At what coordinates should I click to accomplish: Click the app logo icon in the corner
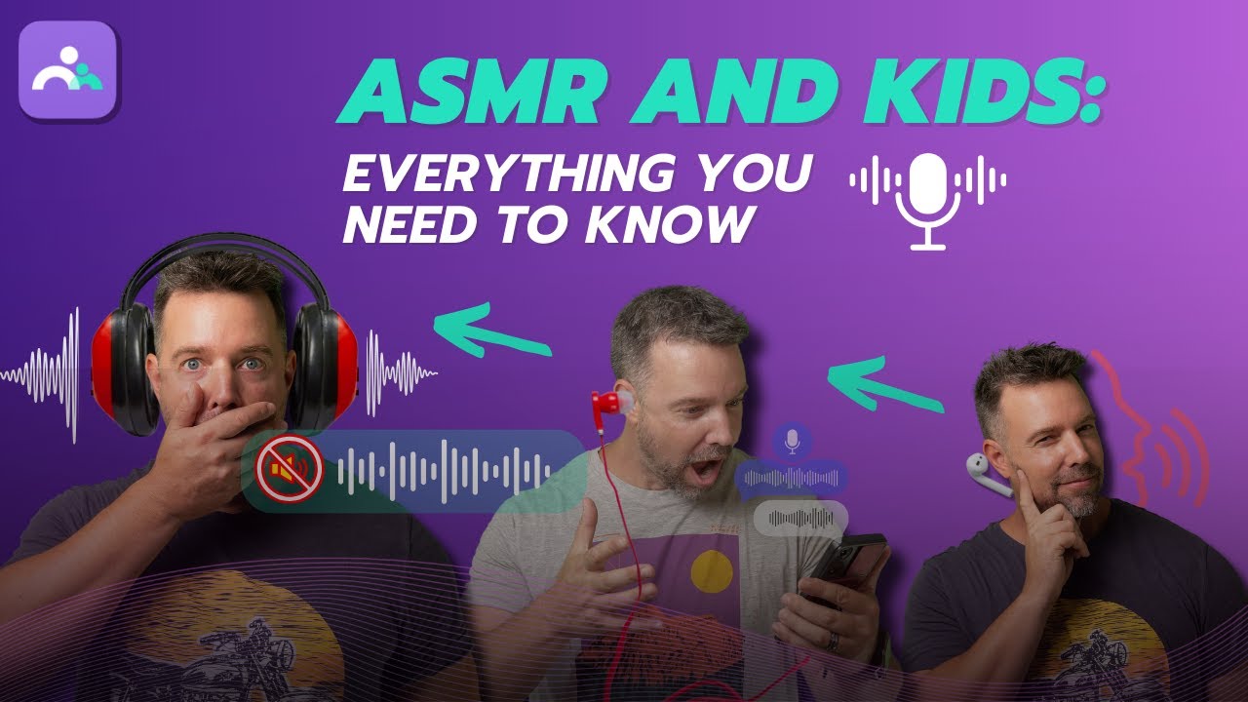(67, 70)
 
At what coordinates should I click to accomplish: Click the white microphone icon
(927, 200)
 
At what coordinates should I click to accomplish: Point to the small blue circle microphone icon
(792, 441)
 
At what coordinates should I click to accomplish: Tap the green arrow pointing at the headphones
(491, 331)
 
